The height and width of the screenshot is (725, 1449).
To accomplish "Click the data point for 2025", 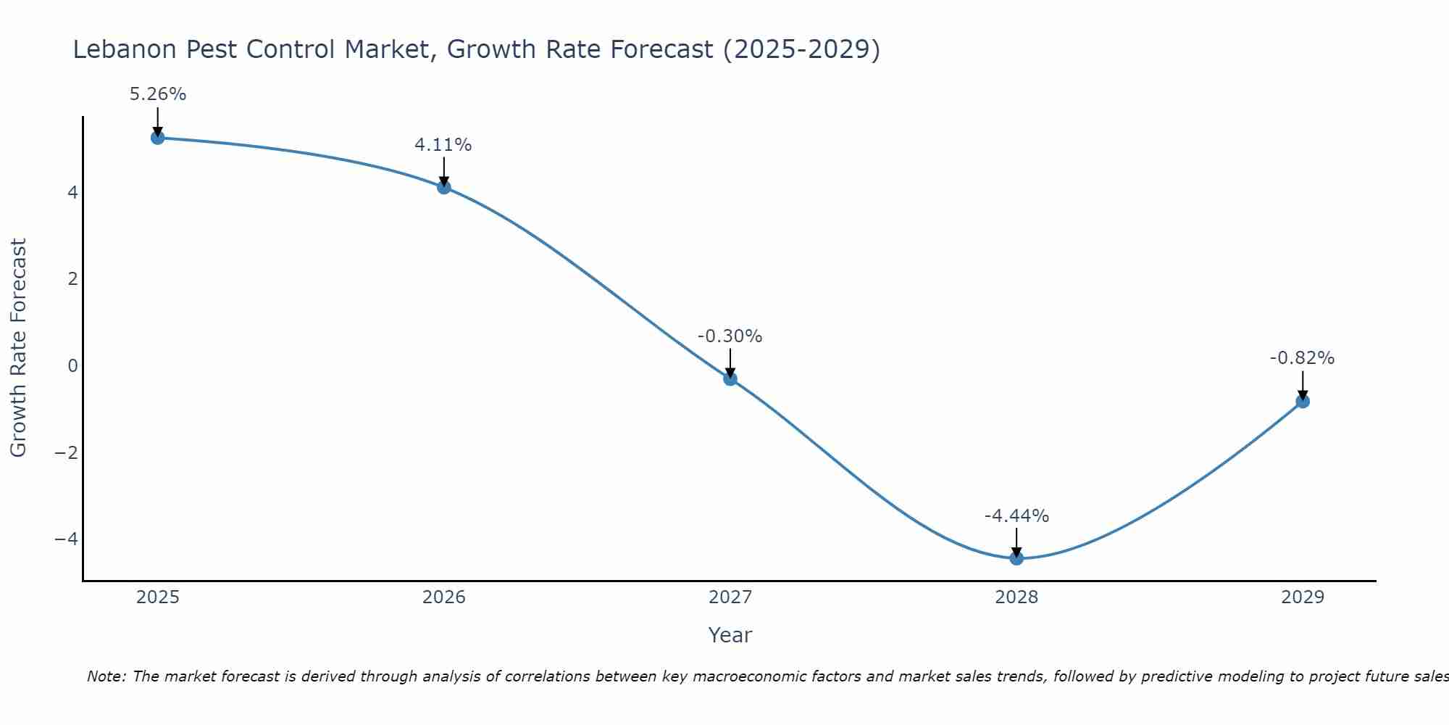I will [158, 138].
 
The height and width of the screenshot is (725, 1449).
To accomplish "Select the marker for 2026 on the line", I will [444, 187].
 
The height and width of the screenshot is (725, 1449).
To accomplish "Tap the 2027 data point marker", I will [730, 378].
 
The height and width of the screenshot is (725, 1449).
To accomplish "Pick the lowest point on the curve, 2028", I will [1016, 558].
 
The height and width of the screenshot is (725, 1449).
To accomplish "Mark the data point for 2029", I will [1303, 401].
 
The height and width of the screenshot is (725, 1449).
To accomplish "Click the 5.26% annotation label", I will [158, 94].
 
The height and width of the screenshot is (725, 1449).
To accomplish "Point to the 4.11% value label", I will [443, 145].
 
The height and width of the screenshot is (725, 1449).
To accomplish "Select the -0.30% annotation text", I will [730, 336].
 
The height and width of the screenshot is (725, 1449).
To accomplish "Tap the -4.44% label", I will [1016, 516].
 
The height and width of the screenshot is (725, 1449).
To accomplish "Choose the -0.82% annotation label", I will [1302, 358].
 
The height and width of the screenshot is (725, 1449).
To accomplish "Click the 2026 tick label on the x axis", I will [444, 597].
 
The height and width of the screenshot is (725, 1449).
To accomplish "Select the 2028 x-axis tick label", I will [1016, 597].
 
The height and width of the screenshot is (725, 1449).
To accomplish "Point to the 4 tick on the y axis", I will [72, 193].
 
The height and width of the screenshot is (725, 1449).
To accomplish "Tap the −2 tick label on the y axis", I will [67, 452].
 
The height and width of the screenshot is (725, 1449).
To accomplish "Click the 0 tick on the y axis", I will [72, 366].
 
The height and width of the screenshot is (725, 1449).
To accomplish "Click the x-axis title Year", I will [730, 635].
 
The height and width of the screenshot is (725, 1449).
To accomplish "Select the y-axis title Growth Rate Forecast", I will [18, 348].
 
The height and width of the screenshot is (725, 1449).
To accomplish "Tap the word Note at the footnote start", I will [106, 676].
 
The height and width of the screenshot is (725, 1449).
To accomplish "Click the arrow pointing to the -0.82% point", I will [1303, 384].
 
